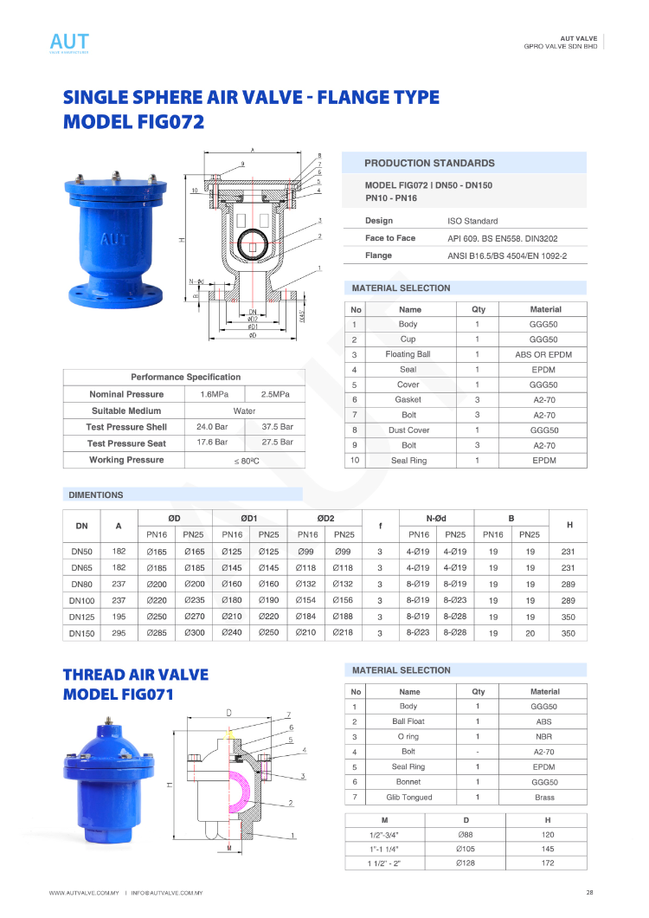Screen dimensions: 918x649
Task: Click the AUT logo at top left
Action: [69, 42]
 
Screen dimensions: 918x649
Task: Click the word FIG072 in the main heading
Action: [170, 122]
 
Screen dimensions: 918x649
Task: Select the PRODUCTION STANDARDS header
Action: [429, 163]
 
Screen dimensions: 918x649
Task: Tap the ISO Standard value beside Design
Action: [472, 221]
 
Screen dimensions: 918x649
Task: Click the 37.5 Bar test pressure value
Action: [277, 427]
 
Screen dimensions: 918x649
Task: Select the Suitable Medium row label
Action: [126, 411]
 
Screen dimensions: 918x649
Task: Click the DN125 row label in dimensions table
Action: [82, 617]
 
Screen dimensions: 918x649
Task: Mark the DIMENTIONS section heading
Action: [96, 495]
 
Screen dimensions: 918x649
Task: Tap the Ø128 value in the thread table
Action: [464, 863]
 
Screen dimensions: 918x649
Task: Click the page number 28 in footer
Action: [589, 893]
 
